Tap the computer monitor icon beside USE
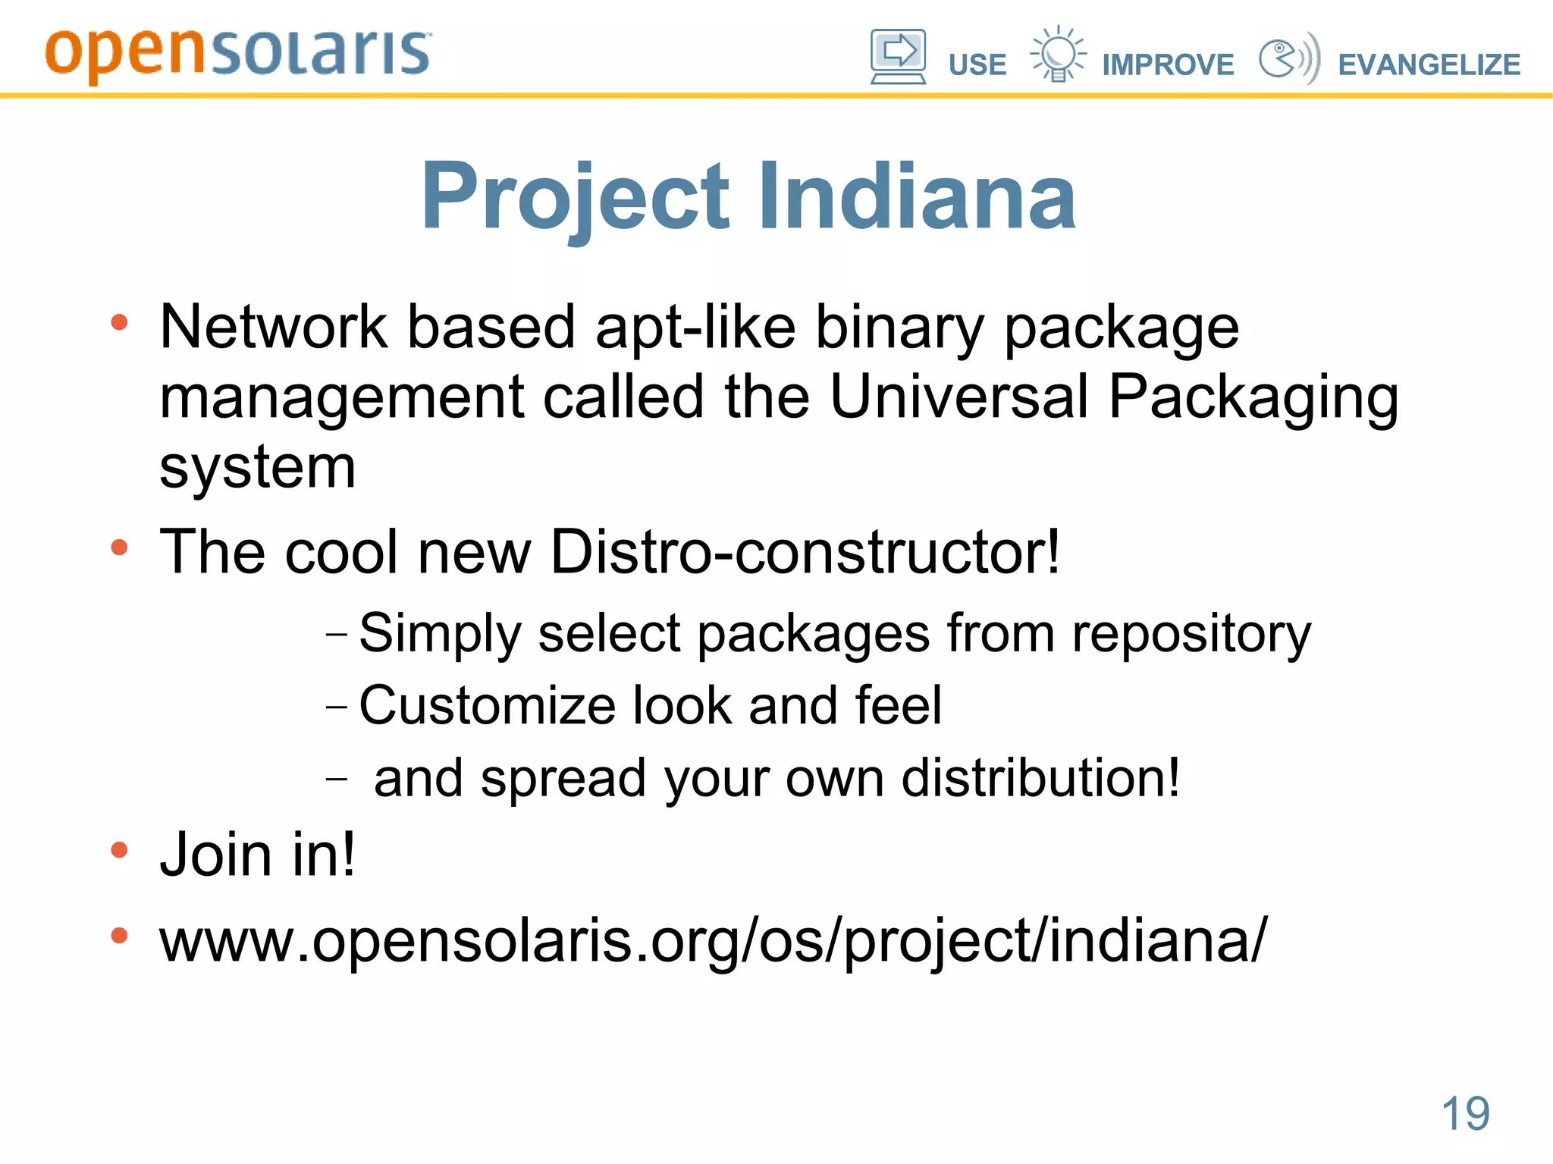coord(898,56)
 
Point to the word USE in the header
coord(977,65)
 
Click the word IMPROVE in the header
coord(1168,65)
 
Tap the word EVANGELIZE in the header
coord(1429,65)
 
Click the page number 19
coord(1465,1113)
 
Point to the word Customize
coord(487,705)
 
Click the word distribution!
coord(1040,778)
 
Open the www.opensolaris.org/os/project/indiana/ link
coord(713,941)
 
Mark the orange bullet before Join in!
coord(119,850)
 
